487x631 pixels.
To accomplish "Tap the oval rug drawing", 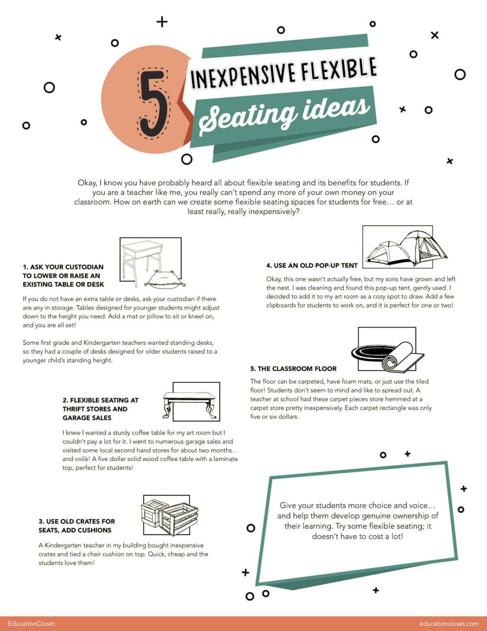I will [371, 352].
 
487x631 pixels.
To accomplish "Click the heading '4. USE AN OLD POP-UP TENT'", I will [312, 266].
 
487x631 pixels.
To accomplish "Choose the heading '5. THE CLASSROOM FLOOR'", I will [293, 369].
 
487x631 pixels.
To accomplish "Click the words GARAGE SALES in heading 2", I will [87, 418].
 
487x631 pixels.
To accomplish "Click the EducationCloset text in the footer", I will [31, 624].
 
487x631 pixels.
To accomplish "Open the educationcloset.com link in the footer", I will [449, 624].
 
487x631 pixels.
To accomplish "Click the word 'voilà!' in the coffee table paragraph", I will [82, 459].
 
